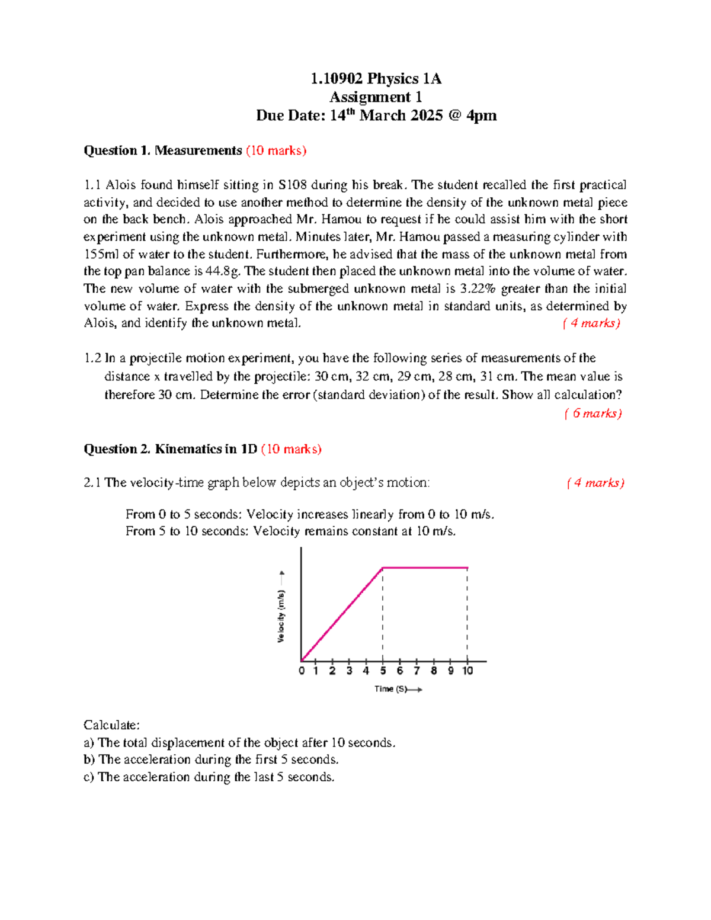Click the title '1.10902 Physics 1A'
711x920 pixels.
point(376,79)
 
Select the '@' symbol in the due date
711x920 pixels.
point(454,116)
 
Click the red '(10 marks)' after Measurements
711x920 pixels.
point(276,150)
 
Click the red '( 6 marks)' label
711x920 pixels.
point(592,413)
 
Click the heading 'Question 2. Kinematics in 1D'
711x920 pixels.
point(170,449)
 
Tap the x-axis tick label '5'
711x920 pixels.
point(383,671)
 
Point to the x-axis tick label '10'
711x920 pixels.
point(467,671)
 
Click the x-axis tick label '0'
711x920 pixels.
point(302,671)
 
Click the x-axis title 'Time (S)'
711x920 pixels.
point(390,689)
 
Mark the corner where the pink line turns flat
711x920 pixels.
point(383,568)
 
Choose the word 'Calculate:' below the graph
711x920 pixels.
point(111,725)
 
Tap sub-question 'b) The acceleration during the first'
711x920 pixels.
point(211,759)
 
